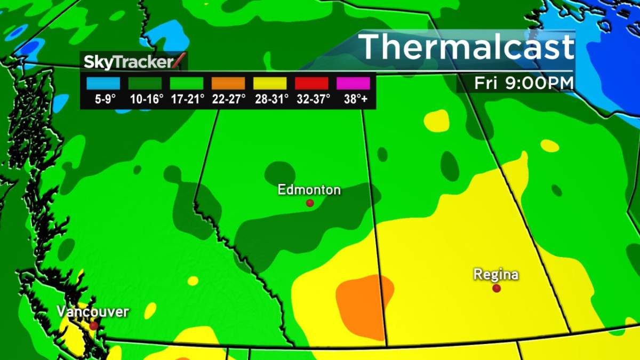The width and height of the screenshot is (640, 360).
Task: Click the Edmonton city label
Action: click(309, 190)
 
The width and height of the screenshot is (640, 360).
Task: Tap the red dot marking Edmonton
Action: click(309, 203)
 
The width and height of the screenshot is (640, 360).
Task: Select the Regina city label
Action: click(496, 275)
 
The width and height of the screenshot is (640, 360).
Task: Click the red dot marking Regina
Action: click(497, 288)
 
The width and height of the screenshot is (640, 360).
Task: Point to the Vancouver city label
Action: click(93, 311)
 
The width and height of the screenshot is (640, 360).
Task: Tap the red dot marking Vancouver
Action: click(94, 325)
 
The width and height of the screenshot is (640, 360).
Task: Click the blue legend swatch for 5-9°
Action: click(103, 83)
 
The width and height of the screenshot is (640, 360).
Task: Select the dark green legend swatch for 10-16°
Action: click(145, 83)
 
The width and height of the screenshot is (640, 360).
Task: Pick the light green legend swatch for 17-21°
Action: click(186, 83)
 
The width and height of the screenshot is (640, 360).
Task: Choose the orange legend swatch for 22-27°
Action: click(228, 83)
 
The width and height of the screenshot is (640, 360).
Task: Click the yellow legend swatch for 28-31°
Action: click(270, 83)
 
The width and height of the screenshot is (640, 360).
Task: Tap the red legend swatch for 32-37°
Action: click(311, 83)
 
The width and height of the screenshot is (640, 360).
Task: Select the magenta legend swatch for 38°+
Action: click(353, 83)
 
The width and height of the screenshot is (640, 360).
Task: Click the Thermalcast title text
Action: click(467, 47)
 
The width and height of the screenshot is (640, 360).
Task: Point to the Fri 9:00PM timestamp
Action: click(524, 84)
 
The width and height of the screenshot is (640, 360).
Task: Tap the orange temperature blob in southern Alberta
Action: click(363, 304)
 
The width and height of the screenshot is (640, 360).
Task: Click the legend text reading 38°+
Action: click(353, 99)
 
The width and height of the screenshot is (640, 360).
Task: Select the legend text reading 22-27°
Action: click(228, 99)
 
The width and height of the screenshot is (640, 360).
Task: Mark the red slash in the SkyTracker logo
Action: click(181, 61)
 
